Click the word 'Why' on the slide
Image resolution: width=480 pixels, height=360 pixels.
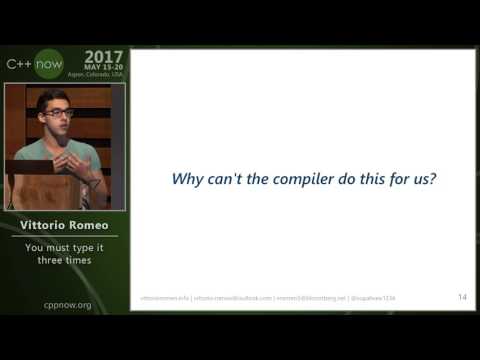pyautogui.click(x=187, y=180)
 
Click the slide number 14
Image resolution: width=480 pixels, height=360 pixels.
pyautogui.click(x=462, y=297)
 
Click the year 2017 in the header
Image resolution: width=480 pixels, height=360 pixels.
pyautogui.click(x=104, y=56)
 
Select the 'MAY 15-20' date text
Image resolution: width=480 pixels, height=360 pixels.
pyautogui.click(x=103, y=67)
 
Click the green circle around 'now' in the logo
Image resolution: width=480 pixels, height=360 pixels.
pyautogui.click(x=49, y=64)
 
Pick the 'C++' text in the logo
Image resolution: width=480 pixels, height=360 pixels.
pyautogui.click(x=20, y=64)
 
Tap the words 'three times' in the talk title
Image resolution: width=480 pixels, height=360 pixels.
pyautogui.click(x=64, y=260)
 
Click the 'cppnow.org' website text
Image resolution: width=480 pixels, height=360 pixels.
pyautogui.click(x=65, y=305)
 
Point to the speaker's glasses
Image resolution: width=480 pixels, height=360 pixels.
pyautogui.click(x=58, y=112)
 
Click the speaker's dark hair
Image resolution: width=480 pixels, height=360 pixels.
pyautogui.click(x=51, y=98)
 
